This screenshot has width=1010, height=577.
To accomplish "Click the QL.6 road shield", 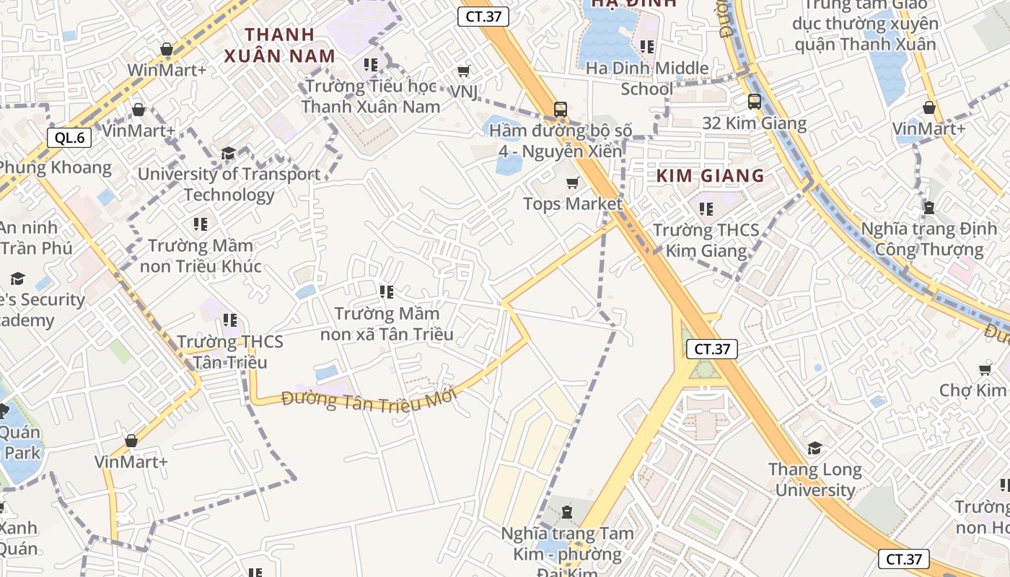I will click(x=69, y=138).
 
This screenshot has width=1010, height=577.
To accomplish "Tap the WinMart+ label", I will click(x=167, y=70).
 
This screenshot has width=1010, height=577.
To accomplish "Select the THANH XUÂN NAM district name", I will click(x=279, y=45).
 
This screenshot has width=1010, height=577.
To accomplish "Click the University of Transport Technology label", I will click(x=229, y=185).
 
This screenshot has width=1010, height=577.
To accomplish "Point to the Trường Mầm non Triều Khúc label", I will click(x=201, y=256).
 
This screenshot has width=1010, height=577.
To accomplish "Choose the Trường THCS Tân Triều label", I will click(x=230, y=352).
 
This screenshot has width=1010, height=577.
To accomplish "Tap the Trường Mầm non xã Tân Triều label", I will click(x=387, y=324).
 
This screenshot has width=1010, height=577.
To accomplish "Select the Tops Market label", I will click(x=572, y=204).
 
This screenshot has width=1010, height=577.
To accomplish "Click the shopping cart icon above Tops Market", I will click(x=573, y=183).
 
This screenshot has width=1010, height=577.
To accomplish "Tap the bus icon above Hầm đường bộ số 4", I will click(x=560, y=110).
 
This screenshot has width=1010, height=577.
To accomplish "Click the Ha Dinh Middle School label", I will click(x=647, y=78).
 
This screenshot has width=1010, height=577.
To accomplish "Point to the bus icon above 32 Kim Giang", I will click(x=755, y=102).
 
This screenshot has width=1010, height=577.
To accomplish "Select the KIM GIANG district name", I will click(x=710, y=175).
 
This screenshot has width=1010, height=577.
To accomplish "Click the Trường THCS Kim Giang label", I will click(x=706, y=240).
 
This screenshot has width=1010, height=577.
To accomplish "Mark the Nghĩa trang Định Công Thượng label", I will click(x=928, y=239).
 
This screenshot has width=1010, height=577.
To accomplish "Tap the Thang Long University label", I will click(x=814, y=480).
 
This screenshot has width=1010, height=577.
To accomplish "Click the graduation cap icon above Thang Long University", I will click(x=814, y=449).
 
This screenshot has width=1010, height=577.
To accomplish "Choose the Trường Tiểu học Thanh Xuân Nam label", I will click(x=371, y=96).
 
